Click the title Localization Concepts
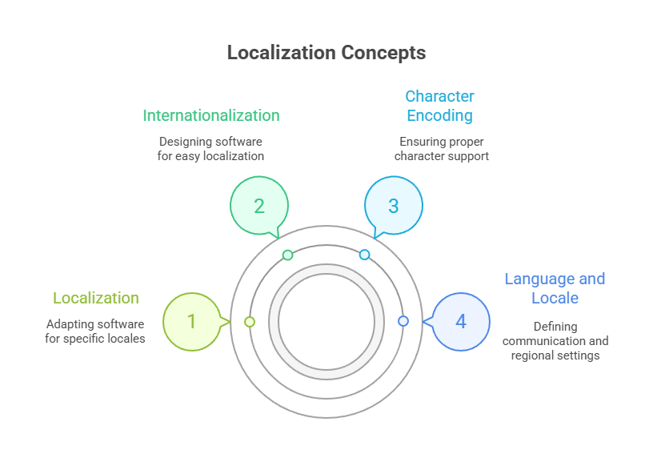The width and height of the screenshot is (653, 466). point(326,53)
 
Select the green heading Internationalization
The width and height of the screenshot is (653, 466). point(211,115)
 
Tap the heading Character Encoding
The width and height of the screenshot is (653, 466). point(439,106)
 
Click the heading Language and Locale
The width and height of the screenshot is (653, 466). point(555,288)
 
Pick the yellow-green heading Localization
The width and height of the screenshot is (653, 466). point(96,298)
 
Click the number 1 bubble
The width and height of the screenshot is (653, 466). point(191,321)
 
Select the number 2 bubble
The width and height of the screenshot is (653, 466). point(258,206)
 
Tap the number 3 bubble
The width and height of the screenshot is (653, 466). point(393,206)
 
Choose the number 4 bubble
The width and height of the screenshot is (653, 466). point(460,321)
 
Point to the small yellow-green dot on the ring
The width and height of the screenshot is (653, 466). point(250,321)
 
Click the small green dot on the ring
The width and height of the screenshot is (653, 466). point(288,255)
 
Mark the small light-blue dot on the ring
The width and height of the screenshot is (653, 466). point(364,255)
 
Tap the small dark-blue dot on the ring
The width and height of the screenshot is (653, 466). point(403,321)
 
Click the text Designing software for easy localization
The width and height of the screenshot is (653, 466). point(211,148)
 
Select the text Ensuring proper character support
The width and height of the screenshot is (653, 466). point(441,148)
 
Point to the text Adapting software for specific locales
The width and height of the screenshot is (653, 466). point(95,331)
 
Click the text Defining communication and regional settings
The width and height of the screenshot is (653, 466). point(555,340)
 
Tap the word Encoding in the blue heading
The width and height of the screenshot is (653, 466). point(439,115)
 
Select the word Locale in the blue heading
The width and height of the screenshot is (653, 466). point(555,298)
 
